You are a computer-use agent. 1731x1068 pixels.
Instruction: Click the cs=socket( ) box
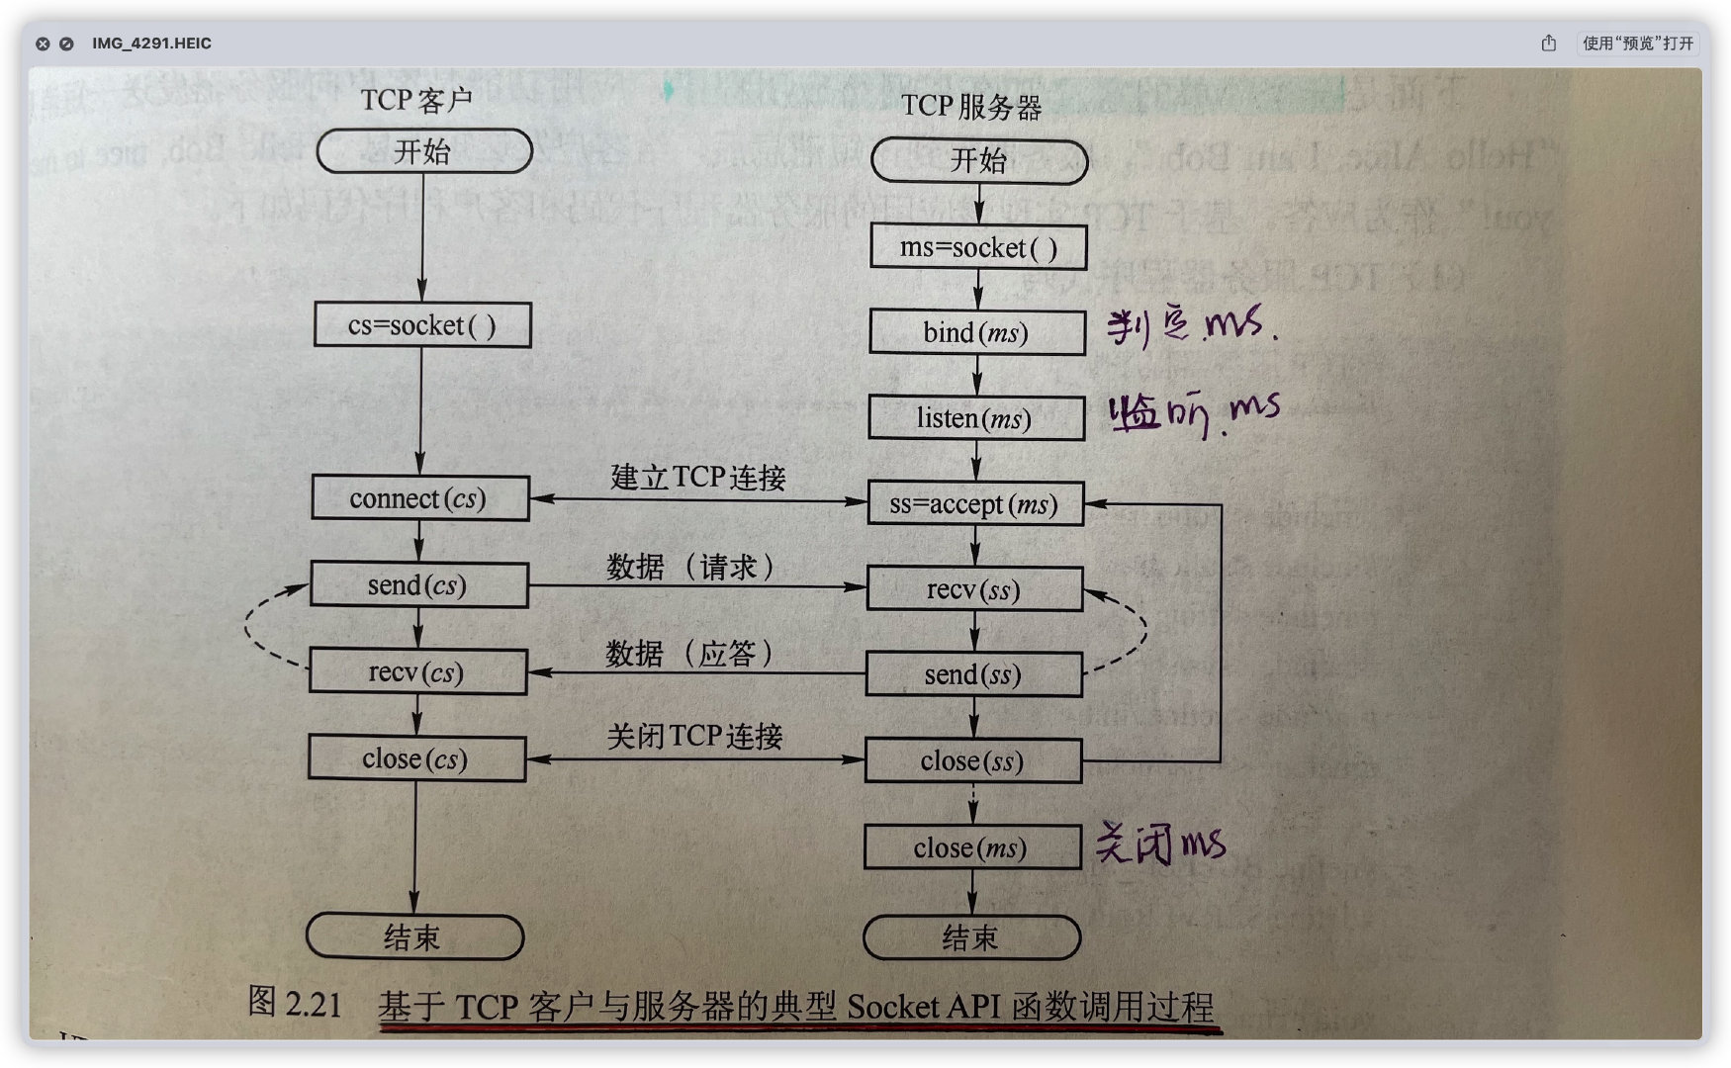click(422, 325)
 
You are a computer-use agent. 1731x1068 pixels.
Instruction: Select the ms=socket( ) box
click(978, 247)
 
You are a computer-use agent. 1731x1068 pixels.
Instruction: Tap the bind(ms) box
click(976, 332)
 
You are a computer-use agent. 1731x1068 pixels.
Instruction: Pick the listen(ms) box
click(974, 418)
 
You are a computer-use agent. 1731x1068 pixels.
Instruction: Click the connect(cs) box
click(419, 498)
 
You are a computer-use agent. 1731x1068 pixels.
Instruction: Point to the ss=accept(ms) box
click(974, 504)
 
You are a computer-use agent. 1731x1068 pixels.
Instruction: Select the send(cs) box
click(418, 585)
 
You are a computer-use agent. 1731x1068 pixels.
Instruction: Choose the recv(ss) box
click(974, 590)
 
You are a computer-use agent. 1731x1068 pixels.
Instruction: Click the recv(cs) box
click(416, 672)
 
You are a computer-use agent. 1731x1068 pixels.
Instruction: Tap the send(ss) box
click(973, 675)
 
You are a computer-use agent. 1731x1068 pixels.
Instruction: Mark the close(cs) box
click(415, 759)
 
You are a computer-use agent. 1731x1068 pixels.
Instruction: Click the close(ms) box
click(971, 848)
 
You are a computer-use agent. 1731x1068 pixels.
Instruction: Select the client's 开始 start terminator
click(423, 152)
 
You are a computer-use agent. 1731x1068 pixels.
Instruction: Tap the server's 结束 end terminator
click(970, 937)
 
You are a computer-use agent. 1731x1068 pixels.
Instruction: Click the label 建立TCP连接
click(697, 478)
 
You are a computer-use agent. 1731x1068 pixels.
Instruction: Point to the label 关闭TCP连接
click(694, 737)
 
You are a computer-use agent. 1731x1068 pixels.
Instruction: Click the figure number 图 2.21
click(295, 1003)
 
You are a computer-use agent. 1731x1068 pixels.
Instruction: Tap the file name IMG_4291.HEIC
click(151, 44)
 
